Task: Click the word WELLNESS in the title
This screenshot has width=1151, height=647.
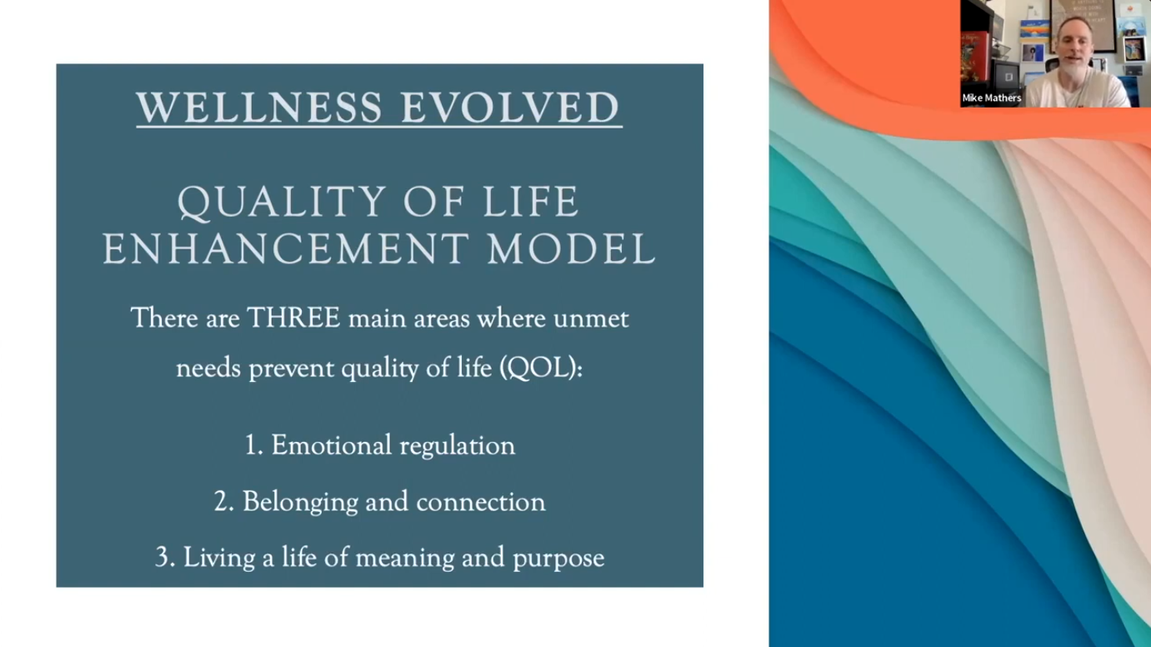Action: click(x=259, y=108)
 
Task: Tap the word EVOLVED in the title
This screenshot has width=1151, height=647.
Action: click(x=510, y=108)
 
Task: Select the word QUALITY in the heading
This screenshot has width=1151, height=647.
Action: click(x=282, y=202)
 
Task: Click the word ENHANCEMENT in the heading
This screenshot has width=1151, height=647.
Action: click(x=286, y=249)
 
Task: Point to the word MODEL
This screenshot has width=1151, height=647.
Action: click(x=571, y=249)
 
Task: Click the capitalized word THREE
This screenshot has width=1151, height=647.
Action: click(x=293, y=318)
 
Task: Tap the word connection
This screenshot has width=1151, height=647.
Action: click(x=480, y=502)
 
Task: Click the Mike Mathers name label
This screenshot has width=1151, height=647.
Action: click(x=992, y=98)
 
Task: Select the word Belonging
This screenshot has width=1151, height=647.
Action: click(x=300, y=502)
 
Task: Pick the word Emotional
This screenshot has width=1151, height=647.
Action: click(x=332, y=445)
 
